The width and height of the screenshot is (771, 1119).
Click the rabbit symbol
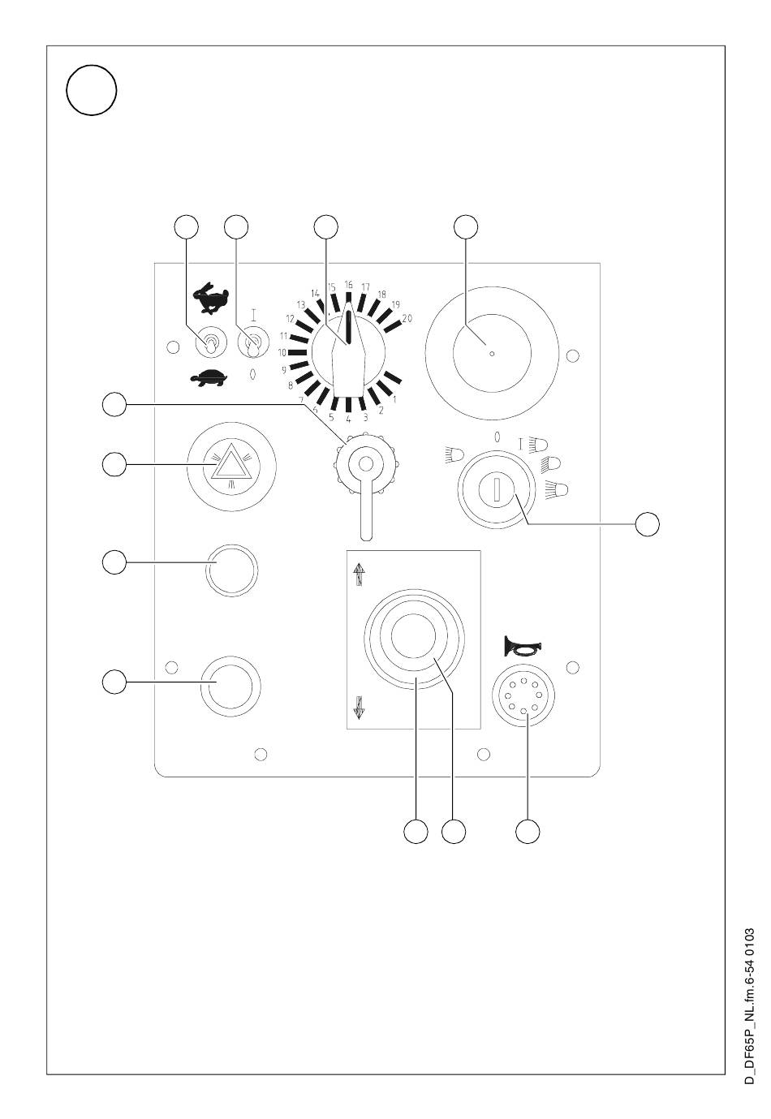pos(210,298)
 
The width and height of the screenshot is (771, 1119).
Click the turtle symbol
pos(209,377)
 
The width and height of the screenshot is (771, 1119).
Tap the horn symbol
pos(522,647)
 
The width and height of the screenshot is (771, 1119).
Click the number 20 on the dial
pos(407,318)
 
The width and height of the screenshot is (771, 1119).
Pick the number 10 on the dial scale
pos(282,353)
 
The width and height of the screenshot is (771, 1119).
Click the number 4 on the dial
pos(348,419)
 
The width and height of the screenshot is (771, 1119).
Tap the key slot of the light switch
pos(497,489)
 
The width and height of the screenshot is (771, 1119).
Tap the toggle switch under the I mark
pos(253,344)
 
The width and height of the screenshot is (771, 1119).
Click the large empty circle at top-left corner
pos(92,90)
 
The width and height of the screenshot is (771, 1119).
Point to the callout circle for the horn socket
pos(528,832)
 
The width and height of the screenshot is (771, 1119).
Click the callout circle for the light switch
pos(647,524)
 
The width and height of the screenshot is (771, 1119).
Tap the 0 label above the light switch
pos(496,437)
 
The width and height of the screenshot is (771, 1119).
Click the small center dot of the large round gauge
pos(492,354)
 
